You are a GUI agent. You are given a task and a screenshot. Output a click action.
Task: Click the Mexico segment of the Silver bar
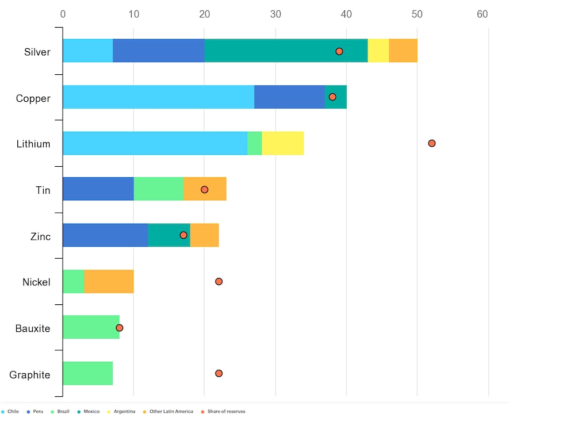(286, 51)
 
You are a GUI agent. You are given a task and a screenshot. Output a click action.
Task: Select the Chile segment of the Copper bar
(158, 97)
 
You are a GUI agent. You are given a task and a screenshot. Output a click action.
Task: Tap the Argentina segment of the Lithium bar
(282, 143)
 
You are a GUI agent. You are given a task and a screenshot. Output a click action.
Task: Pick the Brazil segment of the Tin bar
(158, 189)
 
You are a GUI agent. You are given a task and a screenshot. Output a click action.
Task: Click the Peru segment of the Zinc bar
(105, 235)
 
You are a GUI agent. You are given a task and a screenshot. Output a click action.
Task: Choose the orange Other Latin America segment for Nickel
(109, 282)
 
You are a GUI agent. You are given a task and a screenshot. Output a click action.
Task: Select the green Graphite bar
(87, 374)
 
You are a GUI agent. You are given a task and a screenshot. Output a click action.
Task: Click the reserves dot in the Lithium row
(432, 143)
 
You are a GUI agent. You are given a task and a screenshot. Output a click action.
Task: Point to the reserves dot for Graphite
(218, 373)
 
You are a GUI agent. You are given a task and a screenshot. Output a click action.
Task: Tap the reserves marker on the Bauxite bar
(120, 328)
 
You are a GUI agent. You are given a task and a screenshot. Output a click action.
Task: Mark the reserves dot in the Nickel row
(218, 281)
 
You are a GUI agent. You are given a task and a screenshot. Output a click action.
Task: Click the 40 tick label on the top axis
(346, 14)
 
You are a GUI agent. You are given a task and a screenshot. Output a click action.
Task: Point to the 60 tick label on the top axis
(482, 14)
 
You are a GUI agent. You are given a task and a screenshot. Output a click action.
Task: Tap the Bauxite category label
(33, 328)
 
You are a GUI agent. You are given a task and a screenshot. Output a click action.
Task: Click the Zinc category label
(40, 236)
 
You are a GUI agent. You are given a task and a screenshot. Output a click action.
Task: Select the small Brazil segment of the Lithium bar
(254, 143)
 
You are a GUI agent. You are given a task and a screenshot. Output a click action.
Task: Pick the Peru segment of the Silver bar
(158, 51)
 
